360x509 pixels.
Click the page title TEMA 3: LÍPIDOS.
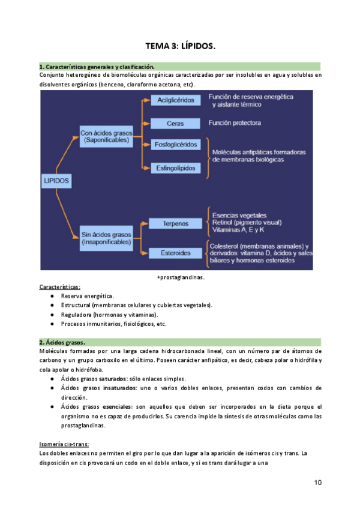(180, 46)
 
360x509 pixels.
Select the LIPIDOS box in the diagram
(57, 179)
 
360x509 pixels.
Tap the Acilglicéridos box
(175, 100)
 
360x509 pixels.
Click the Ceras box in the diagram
(175, 124)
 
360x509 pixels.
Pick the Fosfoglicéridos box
(175, 145)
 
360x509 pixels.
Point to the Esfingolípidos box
(175, 168)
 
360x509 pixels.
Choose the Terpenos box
(175, 223)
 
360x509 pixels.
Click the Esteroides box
(175, 253)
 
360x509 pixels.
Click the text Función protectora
(235, 123)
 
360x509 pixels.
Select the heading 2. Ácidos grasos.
(62, 342)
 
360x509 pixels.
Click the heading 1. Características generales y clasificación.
(97, 67)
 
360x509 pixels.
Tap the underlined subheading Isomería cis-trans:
(64, 444)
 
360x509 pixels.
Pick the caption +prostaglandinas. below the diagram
(180, 277)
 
